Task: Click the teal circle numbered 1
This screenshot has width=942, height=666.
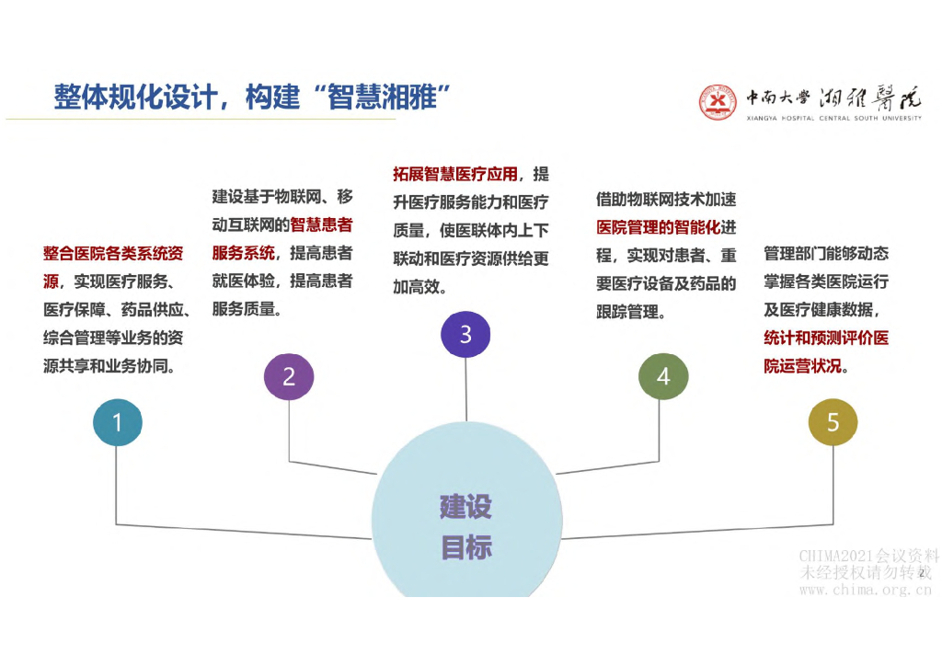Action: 117,422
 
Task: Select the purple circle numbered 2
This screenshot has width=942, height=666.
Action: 289,376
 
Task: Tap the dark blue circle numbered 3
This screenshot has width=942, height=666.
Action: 465,333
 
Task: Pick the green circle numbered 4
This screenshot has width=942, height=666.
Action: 663,376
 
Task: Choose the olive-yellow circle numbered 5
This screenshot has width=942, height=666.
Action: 833,422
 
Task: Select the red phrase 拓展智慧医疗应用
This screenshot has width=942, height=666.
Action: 454,174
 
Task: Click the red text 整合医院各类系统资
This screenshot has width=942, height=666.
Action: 112,253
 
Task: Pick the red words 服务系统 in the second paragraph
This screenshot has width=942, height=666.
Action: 243,253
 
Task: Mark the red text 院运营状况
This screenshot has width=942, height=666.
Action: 802,365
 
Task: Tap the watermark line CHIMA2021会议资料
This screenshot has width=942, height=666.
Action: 868,556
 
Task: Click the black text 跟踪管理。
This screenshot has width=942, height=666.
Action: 631,312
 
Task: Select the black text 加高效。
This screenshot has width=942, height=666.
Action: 419,286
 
